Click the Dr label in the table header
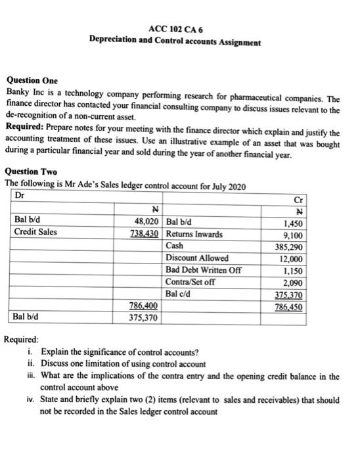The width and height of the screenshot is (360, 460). point(19,195)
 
